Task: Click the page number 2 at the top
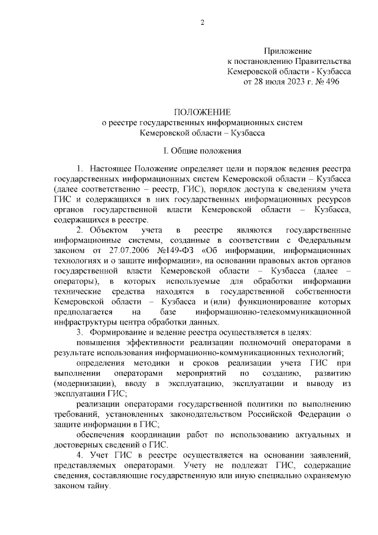[202, 23]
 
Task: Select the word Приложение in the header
[289, 52]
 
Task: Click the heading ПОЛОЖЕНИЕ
[202, 112]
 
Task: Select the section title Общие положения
[207, 151]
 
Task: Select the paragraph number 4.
[80, 455]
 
